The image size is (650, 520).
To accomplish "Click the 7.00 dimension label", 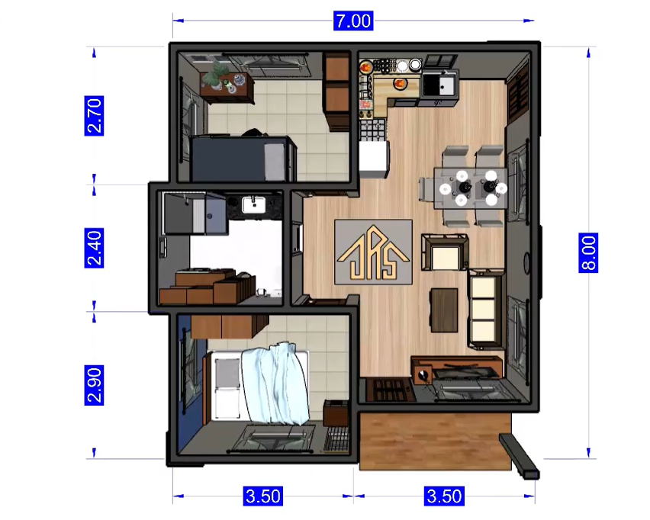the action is coord(353,21).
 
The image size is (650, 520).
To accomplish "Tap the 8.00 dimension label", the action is coord(588,252).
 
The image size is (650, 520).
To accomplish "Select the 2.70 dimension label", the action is coord(94,116).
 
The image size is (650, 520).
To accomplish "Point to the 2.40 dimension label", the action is coord(94,248).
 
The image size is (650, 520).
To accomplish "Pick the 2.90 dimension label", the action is coord(94,385).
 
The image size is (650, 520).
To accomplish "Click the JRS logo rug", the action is coord(373,252).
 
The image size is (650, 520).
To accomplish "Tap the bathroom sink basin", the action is coord(254,204).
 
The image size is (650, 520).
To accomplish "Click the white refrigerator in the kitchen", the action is coord(374,159).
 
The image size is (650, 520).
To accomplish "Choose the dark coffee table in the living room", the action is coord(444,310).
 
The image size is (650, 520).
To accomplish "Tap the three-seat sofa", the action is coord(486,309).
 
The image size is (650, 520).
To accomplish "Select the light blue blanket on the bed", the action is coord(275,382).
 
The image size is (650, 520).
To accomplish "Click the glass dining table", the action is coord(470,188).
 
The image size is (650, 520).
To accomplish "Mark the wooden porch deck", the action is coord(436,441).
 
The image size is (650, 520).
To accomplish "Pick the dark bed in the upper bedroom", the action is coord(243,159).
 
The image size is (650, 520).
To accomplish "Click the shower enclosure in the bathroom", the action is coord(195,213).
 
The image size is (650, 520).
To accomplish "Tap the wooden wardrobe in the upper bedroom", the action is coord(336,91).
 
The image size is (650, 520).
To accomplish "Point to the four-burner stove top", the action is coord(372,130).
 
